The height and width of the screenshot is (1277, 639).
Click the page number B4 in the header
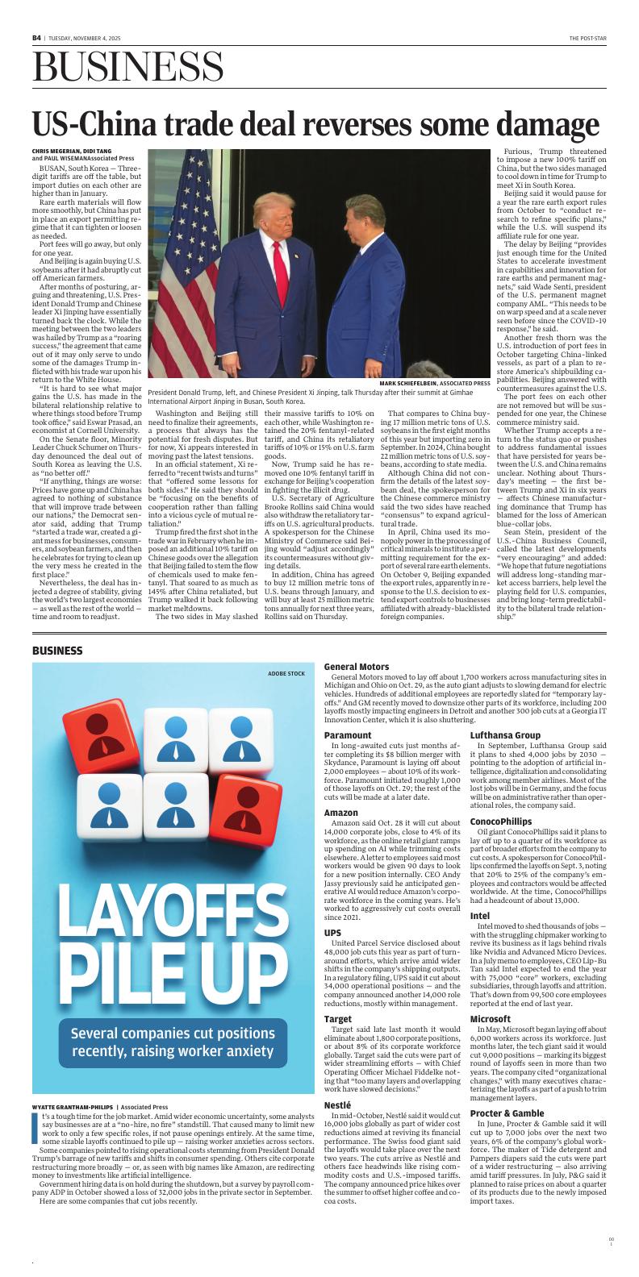37,37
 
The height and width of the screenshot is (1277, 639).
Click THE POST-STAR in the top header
587,38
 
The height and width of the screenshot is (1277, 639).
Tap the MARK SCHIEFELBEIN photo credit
435,383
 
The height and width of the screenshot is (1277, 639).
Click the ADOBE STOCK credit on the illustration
286,673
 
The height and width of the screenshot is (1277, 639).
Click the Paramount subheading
348,735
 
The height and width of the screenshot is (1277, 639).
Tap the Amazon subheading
341,812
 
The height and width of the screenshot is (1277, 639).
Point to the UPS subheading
332,933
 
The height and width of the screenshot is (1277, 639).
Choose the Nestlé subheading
337,1126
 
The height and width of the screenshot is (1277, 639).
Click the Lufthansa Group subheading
505,735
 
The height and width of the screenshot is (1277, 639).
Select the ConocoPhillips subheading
500,822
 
